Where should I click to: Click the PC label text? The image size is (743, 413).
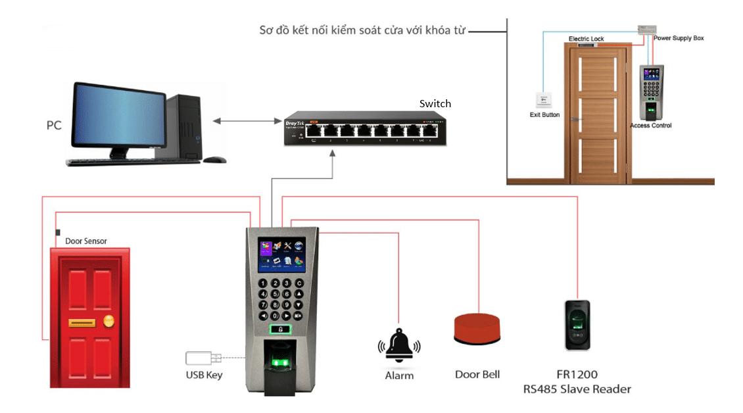tap(54, 125)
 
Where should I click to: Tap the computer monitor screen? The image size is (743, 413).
tap(118, 118)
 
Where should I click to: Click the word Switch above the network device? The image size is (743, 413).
tap(435, 104)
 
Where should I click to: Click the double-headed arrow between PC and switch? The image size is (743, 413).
tap(247, 120)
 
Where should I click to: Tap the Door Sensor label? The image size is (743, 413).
tap(86, 241)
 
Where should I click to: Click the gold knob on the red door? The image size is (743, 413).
tap(108, 322)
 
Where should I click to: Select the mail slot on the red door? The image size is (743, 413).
tap(83, 322)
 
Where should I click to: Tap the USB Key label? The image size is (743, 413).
tap(204, 376)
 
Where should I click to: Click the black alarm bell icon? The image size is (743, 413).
tap(398, 345)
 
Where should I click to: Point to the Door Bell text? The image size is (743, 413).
tap(477, 374)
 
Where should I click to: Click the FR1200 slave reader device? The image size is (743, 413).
tap(577, 326)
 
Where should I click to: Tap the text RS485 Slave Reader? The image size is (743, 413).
tap(577, 389)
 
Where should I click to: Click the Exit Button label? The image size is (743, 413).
tap(544, 115)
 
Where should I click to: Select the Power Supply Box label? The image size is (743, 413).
tap(679, 39)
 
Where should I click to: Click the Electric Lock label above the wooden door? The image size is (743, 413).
tap(586, 39)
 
